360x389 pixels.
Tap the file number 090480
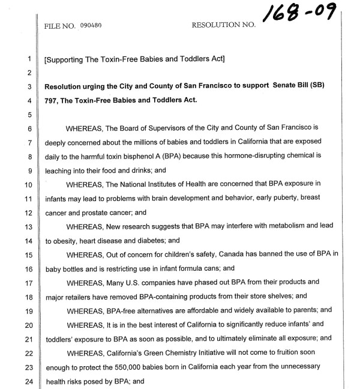tap(89, 26)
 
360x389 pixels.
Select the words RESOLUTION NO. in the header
tap(223, 26)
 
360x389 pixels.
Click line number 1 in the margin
tap(28, 59)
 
